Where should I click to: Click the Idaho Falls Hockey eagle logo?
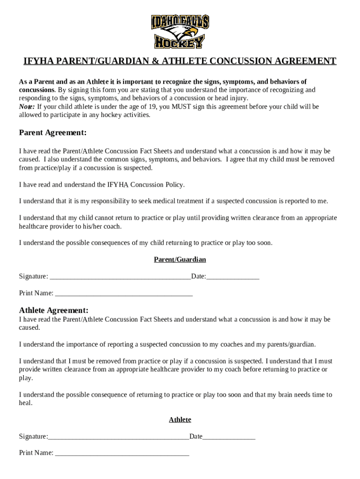[x=180, y=31]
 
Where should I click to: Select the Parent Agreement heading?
[x=53, y=133]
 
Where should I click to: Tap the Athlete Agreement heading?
[x=54, y=311]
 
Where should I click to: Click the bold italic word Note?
[x=26, y=107]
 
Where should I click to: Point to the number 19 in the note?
[x=142, y=107]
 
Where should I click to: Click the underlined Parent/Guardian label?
[x=180, y=260]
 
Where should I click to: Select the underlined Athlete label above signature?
[x=180, y=420]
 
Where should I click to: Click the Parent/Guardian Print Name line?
[x=123, y=294]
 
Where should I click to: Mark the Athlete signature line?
[x=118, y=437]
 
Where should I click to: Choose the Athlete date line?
[x=229, y=437]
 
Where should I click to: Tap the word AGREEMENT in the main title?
[x=304, y=62]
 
